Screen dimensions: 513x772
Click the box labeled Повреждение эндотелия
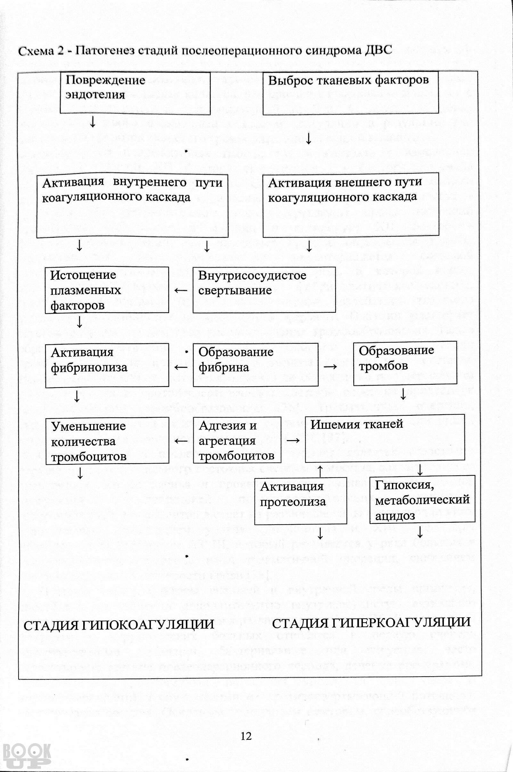(x=135, y=93)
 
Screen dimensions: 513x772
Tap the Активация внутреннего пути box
(x=132, y=206)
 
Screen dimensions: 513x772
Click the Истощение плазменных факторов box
(x=107, y=290)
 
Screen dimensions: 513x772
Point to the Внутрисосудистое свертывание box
(x=265, y=290)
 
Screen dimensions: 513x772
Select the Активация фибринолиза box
(x=107, y=366)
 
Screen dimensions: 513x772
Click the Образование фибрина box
(x=256, y=365)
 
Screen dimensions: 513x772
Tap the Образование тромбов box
(x=405, y=363)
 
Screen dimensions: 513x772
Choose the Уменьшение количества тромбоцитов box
(x=107, y=440)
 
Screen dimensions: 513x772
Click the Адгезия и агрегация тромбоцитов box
(x=237, y=440)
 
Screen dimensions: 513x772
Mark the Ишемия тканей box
(x=385, y=439)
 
